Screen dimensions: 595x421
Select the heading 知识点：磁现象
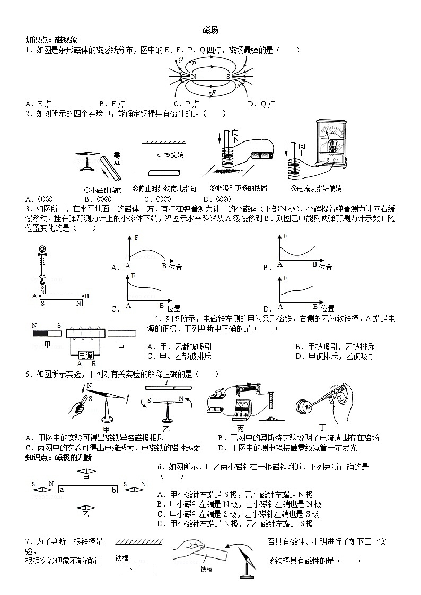(x=51, y=40)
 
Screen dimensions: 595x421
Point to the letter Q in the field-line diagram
(x=181, y=59)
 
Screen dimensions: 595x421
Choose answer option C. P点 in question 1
(x=187, y=104)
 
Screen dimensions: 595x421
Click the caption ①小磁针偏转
(x=103, y=189)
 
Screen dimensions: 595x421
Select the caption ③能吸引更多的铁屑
(x=238, y=189)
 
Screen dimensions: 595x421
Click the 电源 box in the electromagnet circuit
(x=86, y=355)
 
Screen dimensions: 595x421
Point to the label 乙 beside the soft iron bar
(x=121, y=345)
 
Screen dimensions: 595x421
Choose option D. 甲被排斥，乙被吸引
(x=335, y=357)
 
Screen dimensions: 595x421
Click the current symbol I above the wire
(x=166, y=382)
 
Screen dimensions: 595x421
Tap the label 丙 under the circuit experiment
(x=240, y=428)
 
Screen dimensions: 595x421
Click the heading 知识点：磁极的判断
(x=58, y=457)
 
